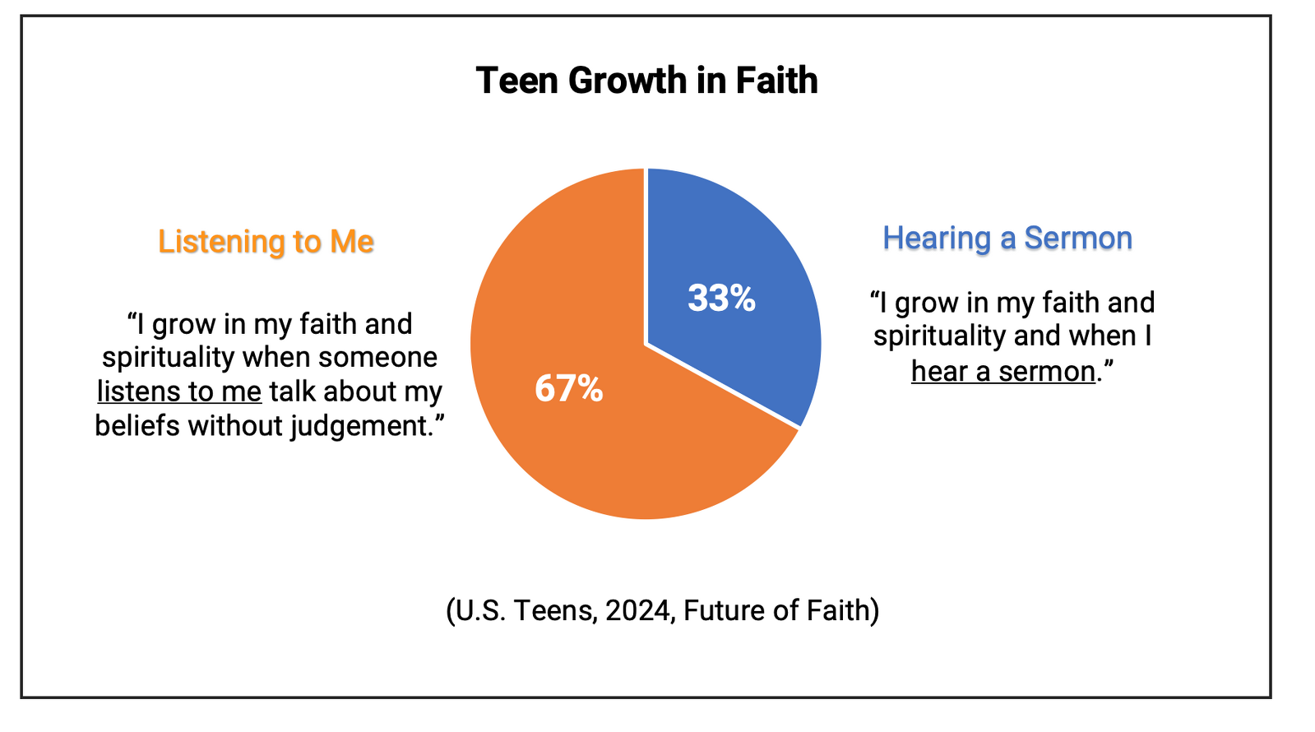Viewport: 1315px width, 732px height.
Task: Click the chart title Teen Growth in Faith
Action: [x=646, y=81]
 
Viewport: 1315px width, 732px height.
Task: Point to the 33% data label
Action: [x=721, y=298]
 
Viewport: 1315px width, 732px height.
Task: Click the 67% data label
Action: [x=568, y=388]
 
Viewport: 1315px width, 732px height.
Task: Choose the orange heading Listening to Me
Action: [x=266, y=242]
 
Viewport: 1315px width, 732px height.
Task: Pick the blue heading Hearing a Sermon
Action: [x=1007, y=238]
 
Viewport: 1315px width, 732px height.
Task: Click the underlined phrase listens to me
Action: [x=179, y=391]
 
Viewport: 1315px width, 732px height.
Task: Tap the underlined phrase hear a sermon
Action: [x=1002, y=372]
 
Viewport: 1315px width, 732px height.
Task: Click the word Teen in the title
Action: [x=515, y=81]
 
